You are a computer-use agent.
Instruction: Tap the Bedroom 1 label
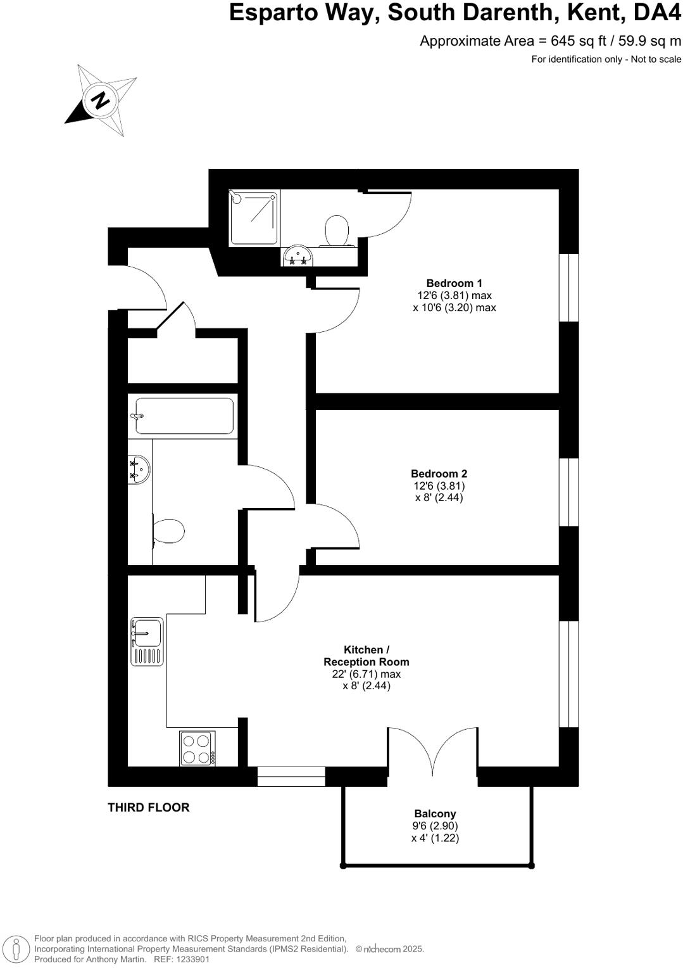(x=454, y=283)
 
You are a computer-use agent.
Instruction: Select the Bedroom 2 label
(x=439, y=473)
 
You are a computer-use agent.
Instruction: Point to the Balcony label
(x=435, y=813)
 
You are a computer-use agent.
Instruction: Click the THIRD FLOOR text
(x=149, y=807)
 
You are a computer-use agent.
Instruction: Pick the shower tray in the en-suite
(x=254, y=217)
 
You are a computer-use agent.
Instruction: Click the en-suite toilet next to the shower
(x=337, y=231)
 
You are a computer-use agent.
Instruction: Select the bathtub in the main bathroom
(x=183, y=416)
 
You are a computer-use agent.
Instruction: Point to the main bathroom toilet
(x=168, y=531)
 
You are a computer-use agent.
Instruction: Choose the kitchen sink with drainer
(x=147, y=642)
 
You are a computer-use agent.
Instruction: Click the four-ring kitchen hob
(x=197, y=748)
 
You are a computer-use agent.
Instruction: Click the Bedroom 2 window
(x=569, y=492)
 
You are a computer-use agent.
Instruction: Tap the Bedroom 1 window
(x=569, y=288)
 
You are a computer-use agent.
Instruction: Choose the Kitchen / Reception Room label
(x=366, y=656)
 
